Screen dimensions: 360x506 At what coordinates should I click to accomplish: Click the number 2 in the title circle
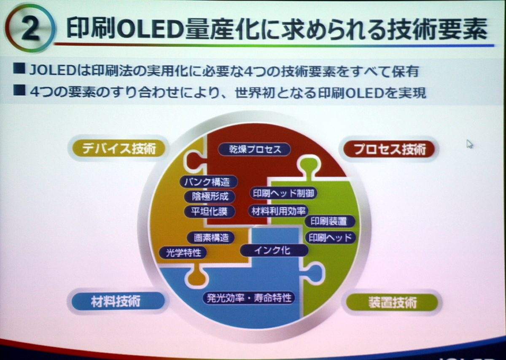[x=30, y=29]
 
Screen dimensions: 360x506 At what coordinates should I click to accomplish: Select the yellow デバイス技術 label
[x=119, y=149]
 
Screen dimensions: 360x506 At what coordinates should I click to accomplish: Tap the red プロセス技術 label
[x=389, y=149]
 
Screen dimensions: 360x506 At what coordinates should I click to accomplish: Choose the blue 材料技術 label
[x=116, y=301]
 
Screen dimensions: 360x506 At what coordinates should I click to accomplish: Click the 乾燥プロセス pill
[x=255, y=149]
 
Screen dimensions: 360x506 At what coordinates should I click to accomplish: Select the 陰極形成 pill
[x=210, y=196]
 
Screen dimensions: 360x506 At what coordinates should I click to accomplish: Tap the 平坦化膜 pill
[x=209, y=211]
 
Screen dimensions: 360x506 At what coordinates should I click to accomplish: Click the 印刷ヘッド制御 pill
[x=283, y=193]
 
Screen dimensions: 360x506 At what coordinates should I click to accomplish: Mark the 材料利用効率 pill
[x=278, y=210]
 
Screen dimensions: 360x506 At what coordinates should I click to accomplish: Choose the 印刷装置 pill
[x=330, y=221]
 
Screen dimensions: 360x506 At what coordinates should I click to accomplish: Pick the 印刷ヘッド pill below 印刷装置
[x=330, y=237]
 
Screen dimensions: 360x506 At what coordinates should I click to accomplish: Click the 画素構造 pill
[x=210, y=238]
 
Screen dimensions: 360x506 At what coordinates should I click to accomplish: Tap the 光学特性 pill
[x=183, y=253]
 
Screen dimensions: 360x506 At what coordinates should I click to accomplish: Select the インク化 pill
[x=273, y=250]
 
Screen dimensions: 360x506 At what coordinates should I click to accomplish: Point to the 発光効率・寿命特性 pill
[x=248, y=298]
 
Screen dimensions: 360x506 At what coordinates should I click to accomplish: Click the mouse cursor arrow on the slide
[x=469, y=144]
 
